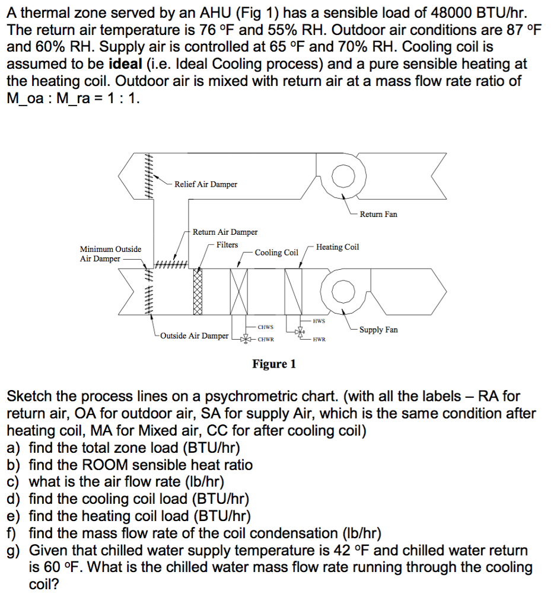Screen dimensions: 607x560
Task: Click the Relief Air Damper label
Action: click(x=205, y=184)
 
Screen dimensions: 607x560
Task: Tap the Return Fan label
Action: click(x=378, y=214)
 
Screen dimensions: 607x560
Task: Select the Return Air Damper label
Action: click(x=225, y=232)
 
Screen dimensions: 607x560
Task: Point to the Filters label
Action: click(x=227, y=244)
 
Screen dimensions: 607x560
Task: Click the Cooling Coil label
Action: click(x=276, y=253)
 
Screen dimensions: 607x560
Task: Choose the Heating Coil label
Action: click(x=337, y=247)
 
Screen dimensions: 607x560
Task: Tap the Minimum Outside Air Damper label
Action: click(x=110, y=254)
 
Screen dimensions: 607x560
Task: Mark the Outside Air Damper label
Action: click(x=194, y=336)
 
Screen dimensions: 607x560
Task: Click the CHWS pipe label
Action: click(x=265, y=327)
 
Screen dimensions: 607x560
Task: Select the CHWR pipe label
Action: click(x=265, y=340)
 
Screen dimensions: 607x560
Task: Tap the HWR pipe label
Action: click(x=319, y=340)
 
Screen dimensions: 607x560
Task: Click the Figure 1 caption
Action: click(x=273, y=363)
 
